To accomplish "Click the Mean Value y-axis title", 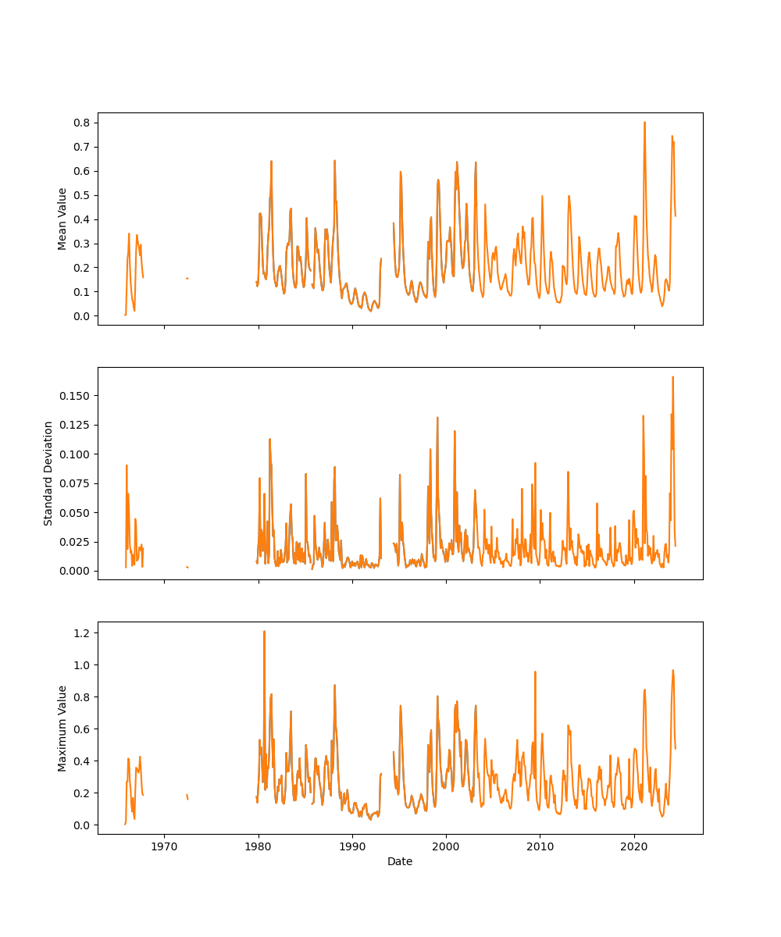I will (62, 219).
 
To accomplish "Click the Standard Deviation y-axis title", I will (48, 473).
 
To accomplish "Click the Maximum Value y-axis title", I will (62, 729).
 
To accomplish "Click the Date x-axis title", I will (400, 861).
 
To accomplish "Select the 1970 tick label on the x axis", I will (164, 846).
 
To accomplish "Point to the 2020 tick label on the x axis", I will (634, 846).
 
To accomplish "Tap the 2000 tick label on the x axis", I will (446, 846).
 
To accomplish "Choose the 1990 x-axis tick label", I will (352, 846).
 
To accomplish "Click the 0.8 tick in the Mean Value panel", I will (81, 123).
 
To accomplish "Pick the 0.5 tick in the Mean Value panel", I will (81, 195).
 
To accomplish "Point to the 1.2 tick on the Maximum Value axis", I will (81, 632).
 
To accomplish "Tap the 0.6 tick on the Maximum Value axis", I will (81, 729).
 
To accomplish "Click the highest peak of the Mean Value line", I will (644, 123).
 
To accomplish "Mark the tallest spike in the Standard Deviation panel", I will (672, 377).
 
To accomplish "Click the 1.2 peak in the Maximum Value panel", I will (264, 632).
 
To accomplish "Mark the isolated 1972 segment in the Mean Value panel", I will (187, 278).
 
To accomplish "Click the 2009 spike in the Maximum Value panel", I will (535, 672).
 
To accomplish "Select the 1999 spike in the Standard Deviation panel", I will (437, 418).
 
